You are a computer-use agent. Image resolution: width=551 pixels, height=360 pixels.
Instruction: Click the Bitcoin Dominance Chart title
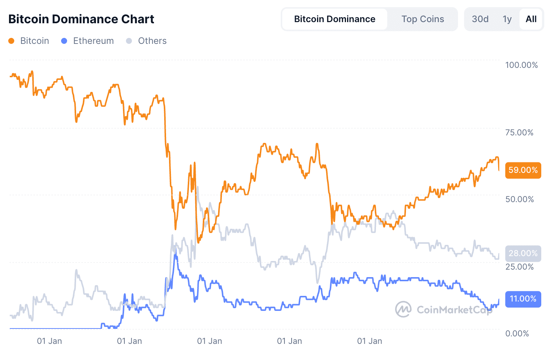81,19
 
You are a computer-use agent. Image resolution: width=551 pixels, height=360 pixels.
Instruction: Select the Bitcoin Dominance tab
334,19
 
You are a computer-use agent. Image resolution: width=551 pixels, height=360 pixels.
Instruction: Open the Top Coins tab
422,19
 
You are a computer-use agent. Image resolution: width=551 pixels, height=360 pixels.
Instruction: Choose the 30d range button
480,19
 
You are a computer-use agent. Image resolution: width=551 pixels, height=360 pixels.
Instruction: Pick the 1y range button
507,19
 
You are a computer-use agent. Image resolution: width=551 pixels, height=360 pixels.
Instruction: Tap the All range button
531,19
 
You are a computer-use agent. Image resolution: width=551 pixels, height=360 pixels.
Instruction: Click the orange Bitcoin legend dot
11,41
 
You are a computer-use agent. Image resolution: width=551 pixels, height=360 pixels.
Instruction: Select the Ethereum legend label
93,41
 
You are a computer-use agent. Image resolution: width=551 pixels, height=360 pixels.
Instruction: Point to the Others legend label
152,41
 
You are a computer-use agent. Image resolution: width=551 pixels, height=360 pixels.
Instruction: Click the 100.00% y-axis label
521,65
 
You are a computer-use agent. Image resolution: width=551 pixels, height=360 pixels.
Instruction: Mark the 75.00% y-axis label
519,132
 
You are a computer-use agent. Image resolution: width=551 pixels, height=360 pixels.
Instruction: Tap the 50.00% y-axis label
519,199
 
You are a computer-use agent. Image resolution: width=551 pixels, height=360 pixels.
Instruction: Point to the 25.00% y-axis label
519,267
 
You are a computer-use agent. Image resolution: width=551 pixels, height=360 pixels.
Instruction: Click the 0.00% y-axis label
517,333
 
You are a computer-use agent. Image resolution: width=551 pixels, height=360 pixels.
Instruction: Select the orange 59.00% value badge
523,170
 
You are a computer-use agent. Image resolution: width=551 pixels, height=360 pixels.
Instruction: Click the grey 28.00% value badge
523,253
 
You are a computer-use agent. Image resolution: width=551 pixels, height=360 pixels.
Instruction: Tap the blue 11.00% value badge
523,299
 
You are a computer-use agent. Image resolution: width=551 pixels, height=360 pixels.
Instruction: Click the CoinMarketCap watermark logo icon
403,309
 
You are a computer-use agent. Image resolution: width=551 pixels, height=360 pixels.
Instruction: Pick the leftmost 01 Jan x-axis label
49,341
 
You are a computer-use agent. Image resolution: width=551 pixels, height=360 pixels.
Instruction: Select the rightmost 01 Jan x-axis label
370,341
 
